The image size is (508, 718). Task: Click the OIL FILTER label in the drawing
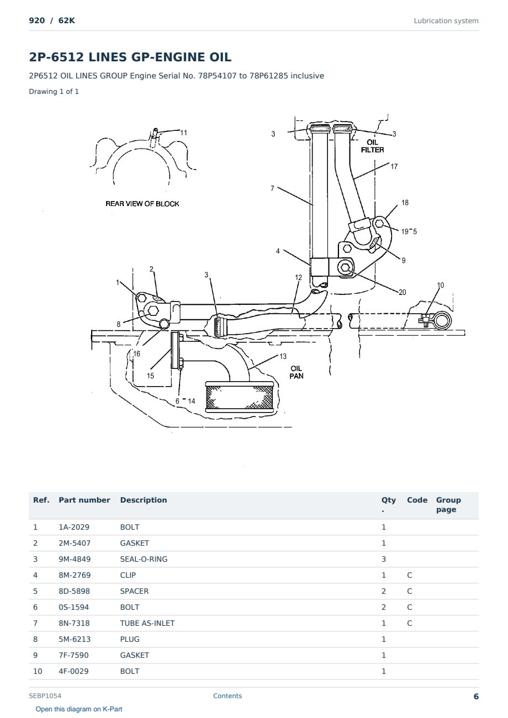click(x=372, y=146)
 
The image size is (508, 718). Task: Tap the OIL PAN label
click(x=296, y=372)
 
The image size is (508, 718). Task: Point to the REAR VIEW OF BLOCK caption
click(x=142, y=204)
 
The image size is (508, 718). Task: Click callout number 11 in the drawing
click(x=183, y=133)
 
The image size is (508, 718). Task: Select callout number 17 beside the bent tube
click(x=394, y=166)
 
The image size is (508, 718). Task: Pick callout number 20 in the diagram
click(x=402, y=292)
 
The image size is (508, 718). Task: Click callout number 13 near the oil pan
click(x=283, y=356)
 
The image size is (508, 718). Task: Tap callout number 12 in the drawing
click(x=298, y=277)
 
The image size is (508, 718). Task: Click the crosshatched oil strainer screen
click(x=240, y=397)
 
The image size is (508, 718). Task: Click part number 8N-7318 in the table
click(x=74, y=623)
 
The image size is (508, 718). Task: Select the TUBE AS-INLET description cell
click(x=147, y=623)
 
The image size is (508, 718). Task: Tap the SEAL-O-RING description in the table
click(x=144, y=559)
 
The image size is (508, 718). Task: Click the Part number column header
click(x=84, y=500)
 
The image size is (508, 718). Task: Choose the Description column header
click(x=143, y=500)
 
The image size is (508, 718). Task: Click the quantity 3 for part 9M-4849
click(x=384, y=559)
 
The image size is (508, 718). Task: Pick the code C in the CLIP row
click(x=409, y=575)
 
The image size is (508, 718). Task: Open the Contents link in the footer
click(x=227, y=696)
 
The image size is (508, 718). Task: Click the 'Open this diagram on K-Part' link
click(x=79, y=709)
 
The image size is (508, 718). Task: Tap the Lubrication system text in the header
click(x=446, y=21)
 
